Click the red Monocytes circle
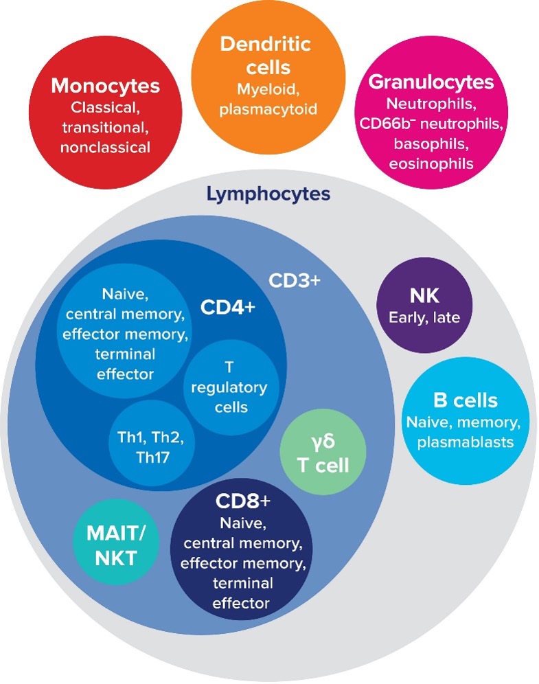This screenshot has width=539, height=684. (105, 115)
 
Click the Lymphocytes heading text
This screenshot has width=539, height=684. (270, 194)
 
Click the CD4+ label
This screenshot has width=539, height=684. (227, 307)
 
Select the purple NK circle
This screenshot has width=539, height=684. (424, 306)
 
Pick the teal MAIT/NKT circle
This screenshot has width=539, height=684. (116, 543)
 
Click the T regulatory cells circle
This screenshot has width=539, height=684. (229, 387)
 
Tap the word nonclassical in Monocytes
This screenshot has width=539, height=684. (105, 147)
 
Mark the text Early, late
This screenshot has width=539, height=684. (424, 317)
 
